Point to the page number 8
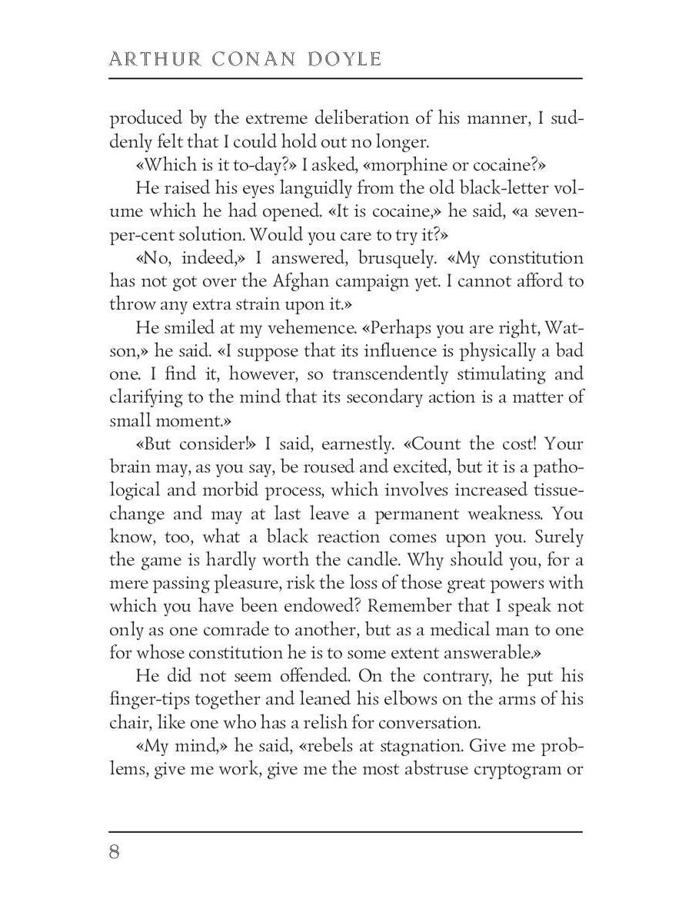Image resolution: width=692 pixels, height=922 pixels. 115,852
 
